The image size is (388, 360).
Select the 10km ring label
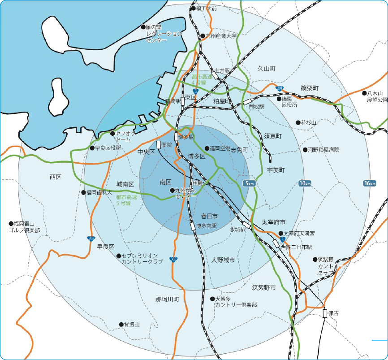point(305,183)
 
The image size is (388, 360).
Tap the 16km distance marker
point(370,183)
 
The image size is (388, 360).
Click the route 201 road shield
point(280,88)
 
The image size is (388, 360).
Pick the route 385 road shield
point(173,259)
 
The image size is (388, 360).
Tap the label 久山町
point(266,69)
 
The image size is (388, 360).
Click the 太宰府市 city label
point(273,222)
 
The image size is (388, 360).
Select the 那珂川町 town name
point(167,299)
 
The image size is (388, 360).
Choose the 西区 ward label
point(56,177)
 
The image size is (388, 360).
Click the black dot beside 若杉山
point(298,122)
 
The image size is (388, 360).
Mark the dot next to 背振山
point(121,324)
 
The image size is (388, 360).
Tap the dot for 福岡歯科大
point(83,192)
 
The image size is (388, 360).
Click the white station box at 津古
point(325,313)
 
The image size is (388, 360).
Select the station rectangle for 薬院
point(159,144)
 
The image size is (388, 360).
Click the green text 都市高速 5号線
point(129,200)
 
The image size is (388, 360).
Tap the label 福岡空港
point(220,148)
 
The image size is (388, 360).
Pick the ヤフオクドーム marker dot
point(112,133)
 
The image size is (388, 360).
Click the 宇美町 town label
point(276,170)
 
